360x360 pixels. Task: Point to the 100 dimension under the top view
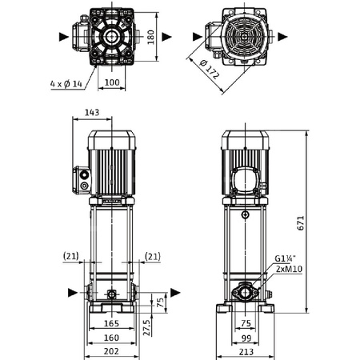[x=111, y=82]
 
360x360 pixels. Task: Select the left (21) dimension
[x=70, y=256]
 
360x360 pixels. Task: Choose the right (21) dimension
[x=153, y=256]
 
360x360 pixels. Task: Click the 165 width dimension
[x=111, y=324]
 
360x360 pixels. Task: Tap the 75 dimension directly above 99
[x=246, y=324]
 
